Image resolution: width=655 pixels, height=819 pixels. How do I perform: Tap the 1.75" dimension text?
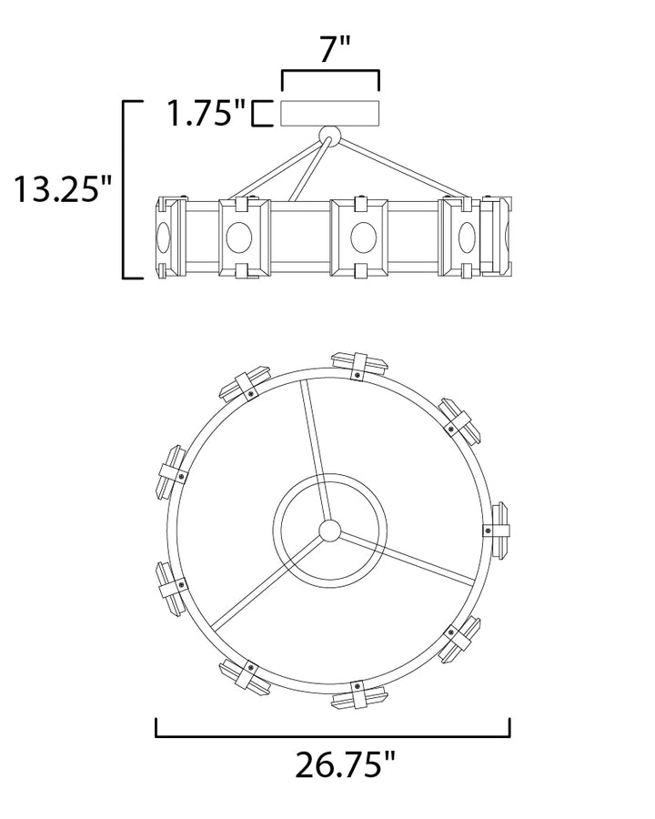[207, 113]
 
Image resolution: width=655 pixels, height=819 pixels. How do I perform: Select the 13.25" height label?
[64, 189]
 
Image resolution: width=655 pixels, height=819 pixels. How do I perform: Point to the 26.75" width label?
[346, 765]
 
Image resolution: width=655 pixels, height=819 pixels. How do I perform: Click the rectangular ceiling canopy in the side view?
[330, 112]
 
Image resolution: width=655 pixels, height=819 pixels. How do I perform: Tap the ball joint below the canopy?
[329, 136]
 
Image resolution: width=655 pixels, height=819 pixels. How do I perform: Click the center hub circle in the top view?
[329, 531]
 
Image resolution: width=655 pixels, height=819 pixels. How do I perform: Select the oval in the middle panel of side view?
[364, 238]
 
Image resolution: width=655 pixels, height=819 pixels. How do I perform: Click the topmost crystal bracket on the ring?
[359, 365]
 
